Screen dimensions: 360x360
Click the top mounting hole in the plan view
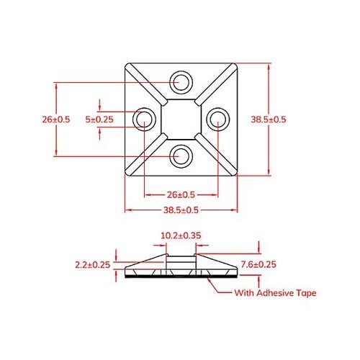[x=181, y=81]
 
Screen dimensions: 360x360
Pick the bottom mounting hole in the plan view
[x=181, y=155]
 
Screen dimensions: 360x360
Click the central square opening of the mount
[x=181, y=118]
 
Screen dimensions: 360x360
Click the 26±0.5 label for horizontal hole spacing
[x=181, y=195]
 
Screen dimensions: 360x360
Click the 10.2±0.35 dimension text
[x=181, y=235]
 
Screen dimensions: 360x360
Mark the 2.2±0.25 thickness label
[x=92, y=265]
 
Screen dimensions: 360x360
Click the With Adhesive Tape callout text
[x=276, y=293]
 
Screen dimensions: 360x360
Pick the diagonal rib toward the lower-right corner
[x=215, y=153]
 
